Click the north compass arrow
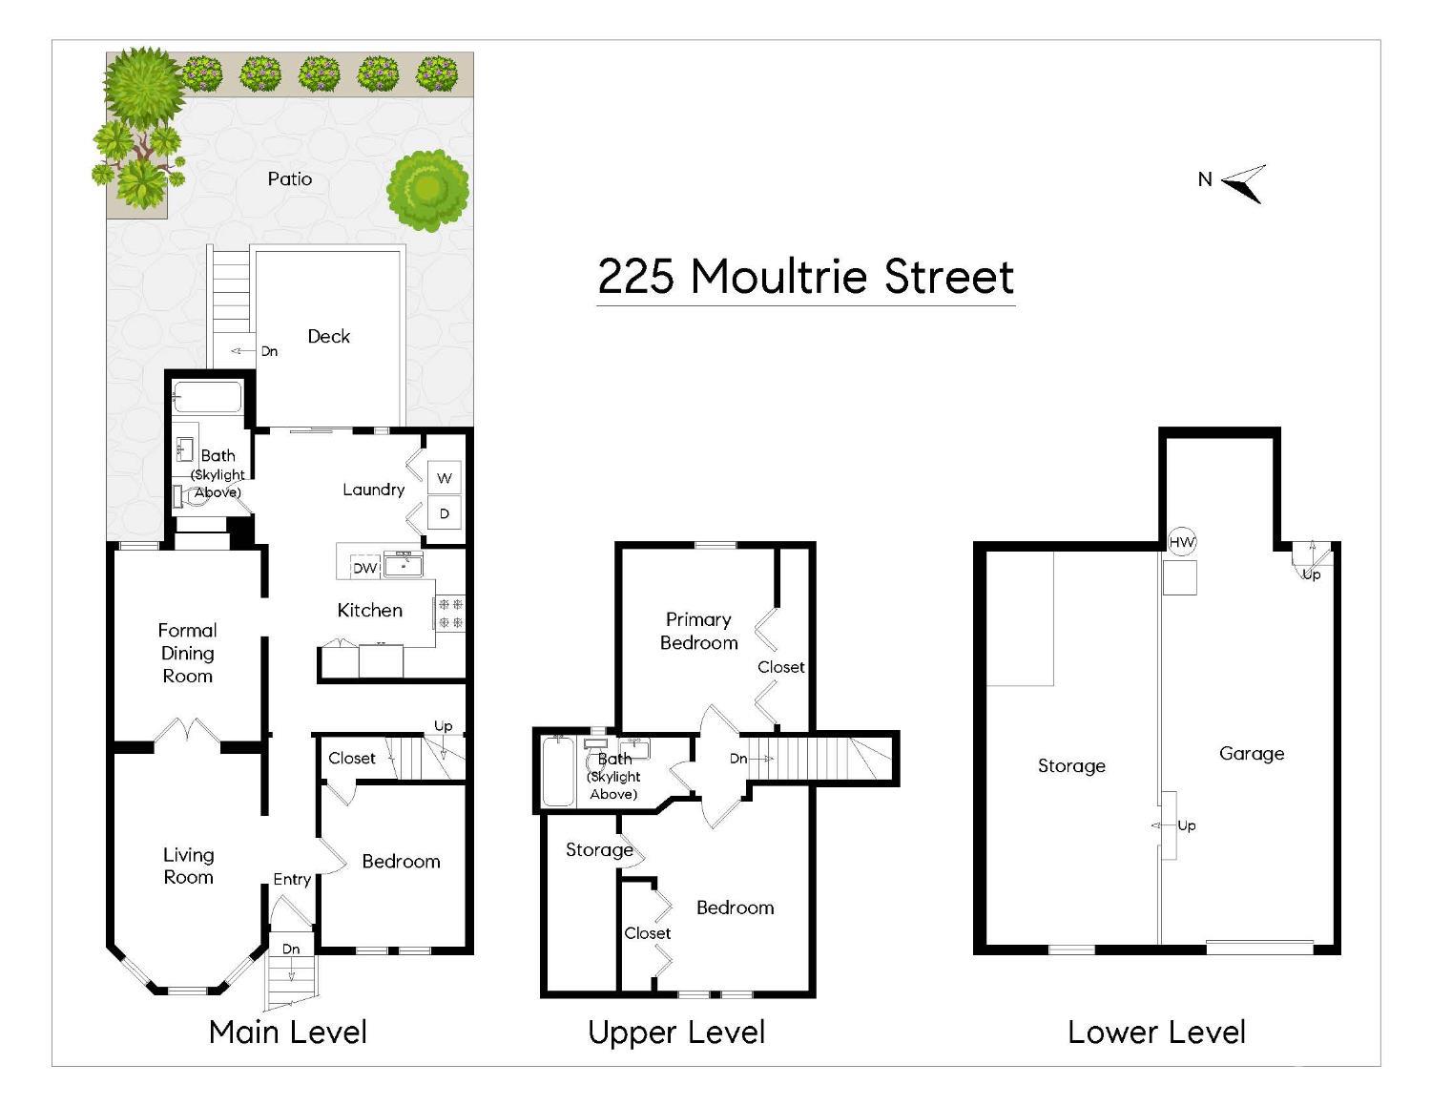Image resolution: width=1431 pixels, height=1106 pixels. [1243, 183]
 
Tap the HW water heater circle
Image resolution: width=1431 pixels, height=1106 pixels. [1181, 542]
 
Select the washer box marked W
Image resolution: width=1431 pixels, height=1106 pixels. [444, 478]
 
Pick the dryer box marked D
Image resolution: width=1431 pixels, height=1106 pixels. [444, 513]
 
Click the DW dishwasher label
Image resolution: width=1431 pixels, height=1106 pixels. [364, 568]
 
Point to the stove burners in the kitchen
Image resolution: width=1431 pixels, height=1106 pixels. [449, 614]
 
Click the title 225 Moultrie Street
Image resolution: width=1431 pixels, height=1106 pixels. [805, 277]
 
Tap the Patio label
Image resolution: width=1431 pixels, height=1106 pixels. [290, 179]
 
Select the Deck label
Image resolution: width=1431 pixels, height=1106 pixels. [328, 337]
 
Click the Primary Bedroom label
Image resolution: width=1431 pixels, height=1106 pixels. [698, 631]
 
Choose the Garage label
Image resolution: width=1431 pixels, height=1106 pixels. [1252, 754]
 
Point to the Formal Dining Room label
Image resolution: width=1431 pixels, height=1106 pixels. [187, 653]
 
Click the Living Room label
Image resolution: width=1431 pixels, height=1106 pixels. [188, 866]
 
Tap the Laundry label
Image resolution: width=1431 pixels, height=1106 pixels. [373, 490]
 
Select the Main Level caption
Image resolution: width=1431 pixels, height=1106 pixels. [288, 1033]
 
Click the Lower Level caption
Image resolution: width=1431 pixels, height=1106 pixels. [1156, 1033]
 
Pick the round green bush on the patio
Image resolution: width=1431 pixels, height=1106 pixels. [428, 191]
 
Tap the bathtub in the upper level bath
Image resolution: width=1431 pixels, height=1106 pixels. [558, 771]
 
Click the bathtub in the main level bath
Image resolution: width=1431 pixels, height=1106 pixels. [207, 397]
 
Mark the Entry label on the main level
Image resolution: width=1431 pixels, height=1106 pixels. [292, 880]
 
